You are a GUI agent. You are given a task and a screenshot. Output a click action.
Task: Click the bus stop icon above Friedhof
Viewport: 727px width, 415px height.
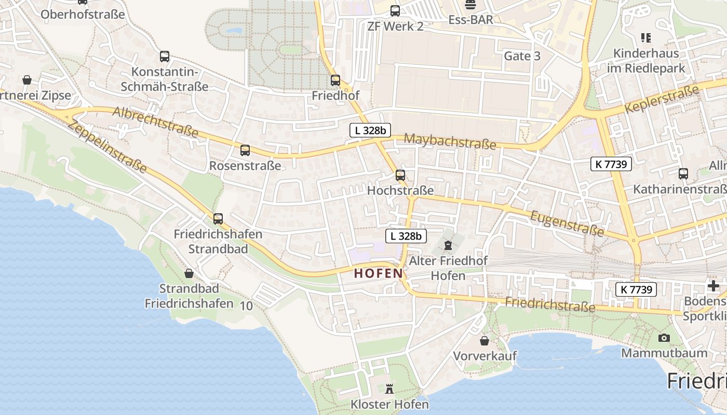pos(335,80)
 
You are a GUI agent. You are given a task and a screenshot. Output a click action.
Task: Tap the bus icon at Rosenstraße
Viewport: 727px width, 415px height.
pos(245,150)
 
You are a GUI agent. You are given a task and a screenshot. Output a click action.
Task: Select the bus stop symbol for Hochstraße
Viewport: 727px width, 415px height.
pos(400,175)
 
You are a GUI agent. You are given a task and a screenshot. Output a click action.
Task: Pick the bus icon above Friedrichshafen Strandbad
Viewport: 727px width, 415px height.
pos(218,219)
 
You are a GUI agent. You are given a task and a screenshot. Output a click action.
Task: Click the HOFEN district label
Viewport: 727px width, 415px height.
pos(379,273)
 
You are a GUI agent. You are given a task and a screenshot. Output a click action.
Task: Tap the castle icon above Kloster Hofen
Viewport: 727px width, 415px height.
pos(389,388)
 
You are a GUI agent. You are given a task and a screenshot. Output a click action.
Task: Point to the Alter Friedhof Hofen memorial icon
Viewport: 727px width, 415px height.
pos(448,245)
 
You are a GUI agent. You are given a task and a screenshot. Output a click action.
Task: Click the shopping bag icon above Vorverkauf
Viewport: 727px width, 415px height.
pos(484,340)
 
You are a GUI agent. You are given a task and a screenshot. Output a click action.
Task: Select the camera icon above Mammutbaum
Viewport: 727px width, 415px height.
pos(664,338)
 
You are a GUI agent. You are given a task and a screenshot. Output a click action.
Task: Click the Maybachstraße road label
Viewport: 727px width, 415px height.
pos(450,141)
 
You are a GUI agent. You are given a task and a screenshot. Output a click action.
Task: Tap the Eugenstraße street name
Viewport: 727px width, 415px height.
pos(567,223)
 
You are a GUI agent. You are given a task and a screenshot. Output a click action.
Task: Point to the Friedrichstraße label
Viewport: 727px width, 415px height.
pos(550,305)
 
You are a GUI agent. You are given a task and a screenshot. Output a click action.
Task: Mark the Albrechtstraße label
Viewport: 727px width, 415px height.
pos(155,122)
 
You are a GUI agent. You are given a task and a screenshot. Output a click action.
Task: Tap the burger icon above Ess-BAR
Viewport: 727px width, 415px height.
pos(470,5)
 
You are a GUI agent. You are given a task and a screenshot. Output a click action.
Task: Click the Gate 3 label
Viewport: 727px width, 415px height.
pos(522,56)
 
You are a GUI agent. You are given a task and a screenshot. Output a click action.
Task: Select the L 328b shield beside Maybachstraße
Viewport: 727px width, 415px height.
pos(370,131)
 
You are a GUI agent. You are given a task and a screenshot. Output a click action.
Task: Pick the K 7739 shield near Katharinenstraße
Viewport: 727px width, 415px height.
pos(611,164)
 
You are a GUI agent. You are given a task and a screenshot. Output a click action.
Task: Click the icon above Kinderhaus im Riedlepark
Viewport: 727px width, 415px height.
pos(646,37)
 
